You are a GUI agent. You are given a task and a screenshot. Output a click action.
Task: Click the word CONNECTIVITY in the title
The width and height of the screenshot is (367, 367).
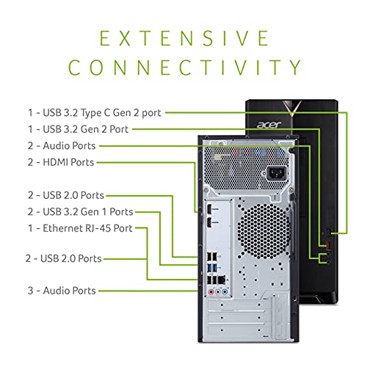coord(183,68)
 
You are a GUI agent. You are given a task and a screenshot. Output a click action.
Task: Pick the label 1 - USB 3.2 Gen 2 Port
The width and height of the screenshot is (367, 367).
coord(85,129)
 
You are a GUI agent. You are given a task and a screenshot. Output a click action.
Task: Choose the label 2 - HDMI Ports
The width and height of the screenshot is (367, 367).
coord(62,162)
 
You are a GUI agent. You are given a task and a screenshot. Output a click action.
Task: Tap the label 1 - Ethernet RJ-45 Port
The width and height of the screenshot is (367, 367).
coord(81,228)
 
